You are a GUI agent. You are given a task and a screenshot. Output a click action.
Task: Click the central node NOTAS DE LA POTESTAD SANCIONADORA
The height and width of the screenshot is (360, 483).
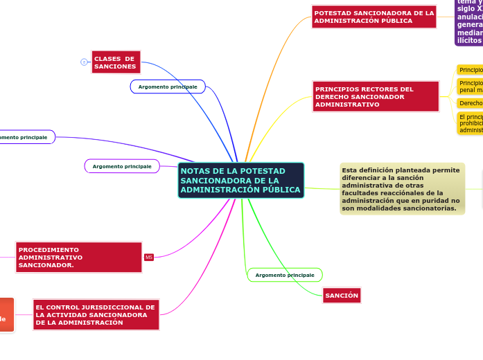point(240,180)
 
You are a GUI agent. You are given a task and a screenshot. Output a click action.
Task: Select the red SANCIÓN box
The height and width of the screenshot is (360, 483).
point(342,296)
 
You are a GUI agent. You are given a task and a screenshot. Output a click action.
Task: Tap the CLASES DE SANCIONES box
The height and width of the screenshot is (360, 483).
point(116,62)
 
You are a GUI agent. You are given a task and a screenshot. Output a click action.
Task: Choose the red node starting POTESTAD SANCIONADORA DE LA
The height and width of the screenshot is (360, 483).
point(374,17)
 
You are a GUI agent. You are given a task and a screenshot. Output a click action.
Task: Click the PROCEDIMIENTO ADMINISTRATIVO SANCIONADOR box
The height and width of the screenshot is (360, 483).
point(78,257)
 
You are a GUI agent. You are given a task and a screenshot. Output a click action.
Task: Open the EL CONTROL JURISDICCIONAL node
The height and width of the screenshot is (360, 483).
point(96,314)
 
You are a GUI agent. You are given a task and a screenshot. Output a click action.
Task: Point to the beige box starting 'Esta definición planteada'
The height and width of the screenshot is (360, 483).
point(402,189)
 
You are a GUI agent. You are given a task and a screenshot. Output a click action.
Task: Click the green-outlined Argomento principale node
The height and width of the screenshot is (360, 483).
point(285,275)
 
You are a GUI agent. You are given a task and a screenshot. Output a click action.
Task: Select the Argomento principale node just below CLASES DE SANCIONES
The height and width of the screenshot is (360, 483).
point(168,87)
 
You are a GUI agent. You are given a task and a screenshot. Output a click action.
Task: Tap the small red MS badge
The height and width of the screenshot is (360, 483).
point(149,258)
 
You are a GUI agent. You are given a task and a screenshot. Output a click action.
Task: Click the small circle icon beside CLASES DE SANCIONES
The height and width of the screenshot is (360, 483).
point(84,62)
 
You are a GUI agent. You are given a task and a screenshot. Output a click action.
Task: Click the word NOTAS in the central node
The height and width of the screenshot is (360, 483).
point(195,171)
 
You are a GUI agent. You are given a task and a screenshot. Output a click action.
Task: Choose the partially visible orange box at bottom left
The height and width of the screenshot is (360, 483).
point(6,314)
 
